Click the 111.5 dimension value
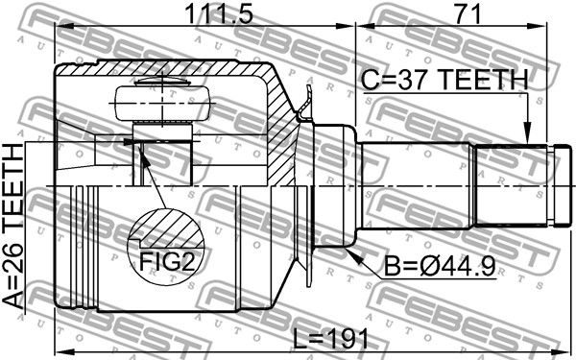click(219, 14)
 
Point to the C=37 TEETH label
click(444, 80)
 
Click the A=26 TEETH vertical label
click(13, 226)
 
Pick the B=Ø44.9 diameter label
click(440, 266)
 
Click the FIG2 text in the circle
click(167, 261)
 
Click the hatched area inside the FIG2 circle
click(167, 228)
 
